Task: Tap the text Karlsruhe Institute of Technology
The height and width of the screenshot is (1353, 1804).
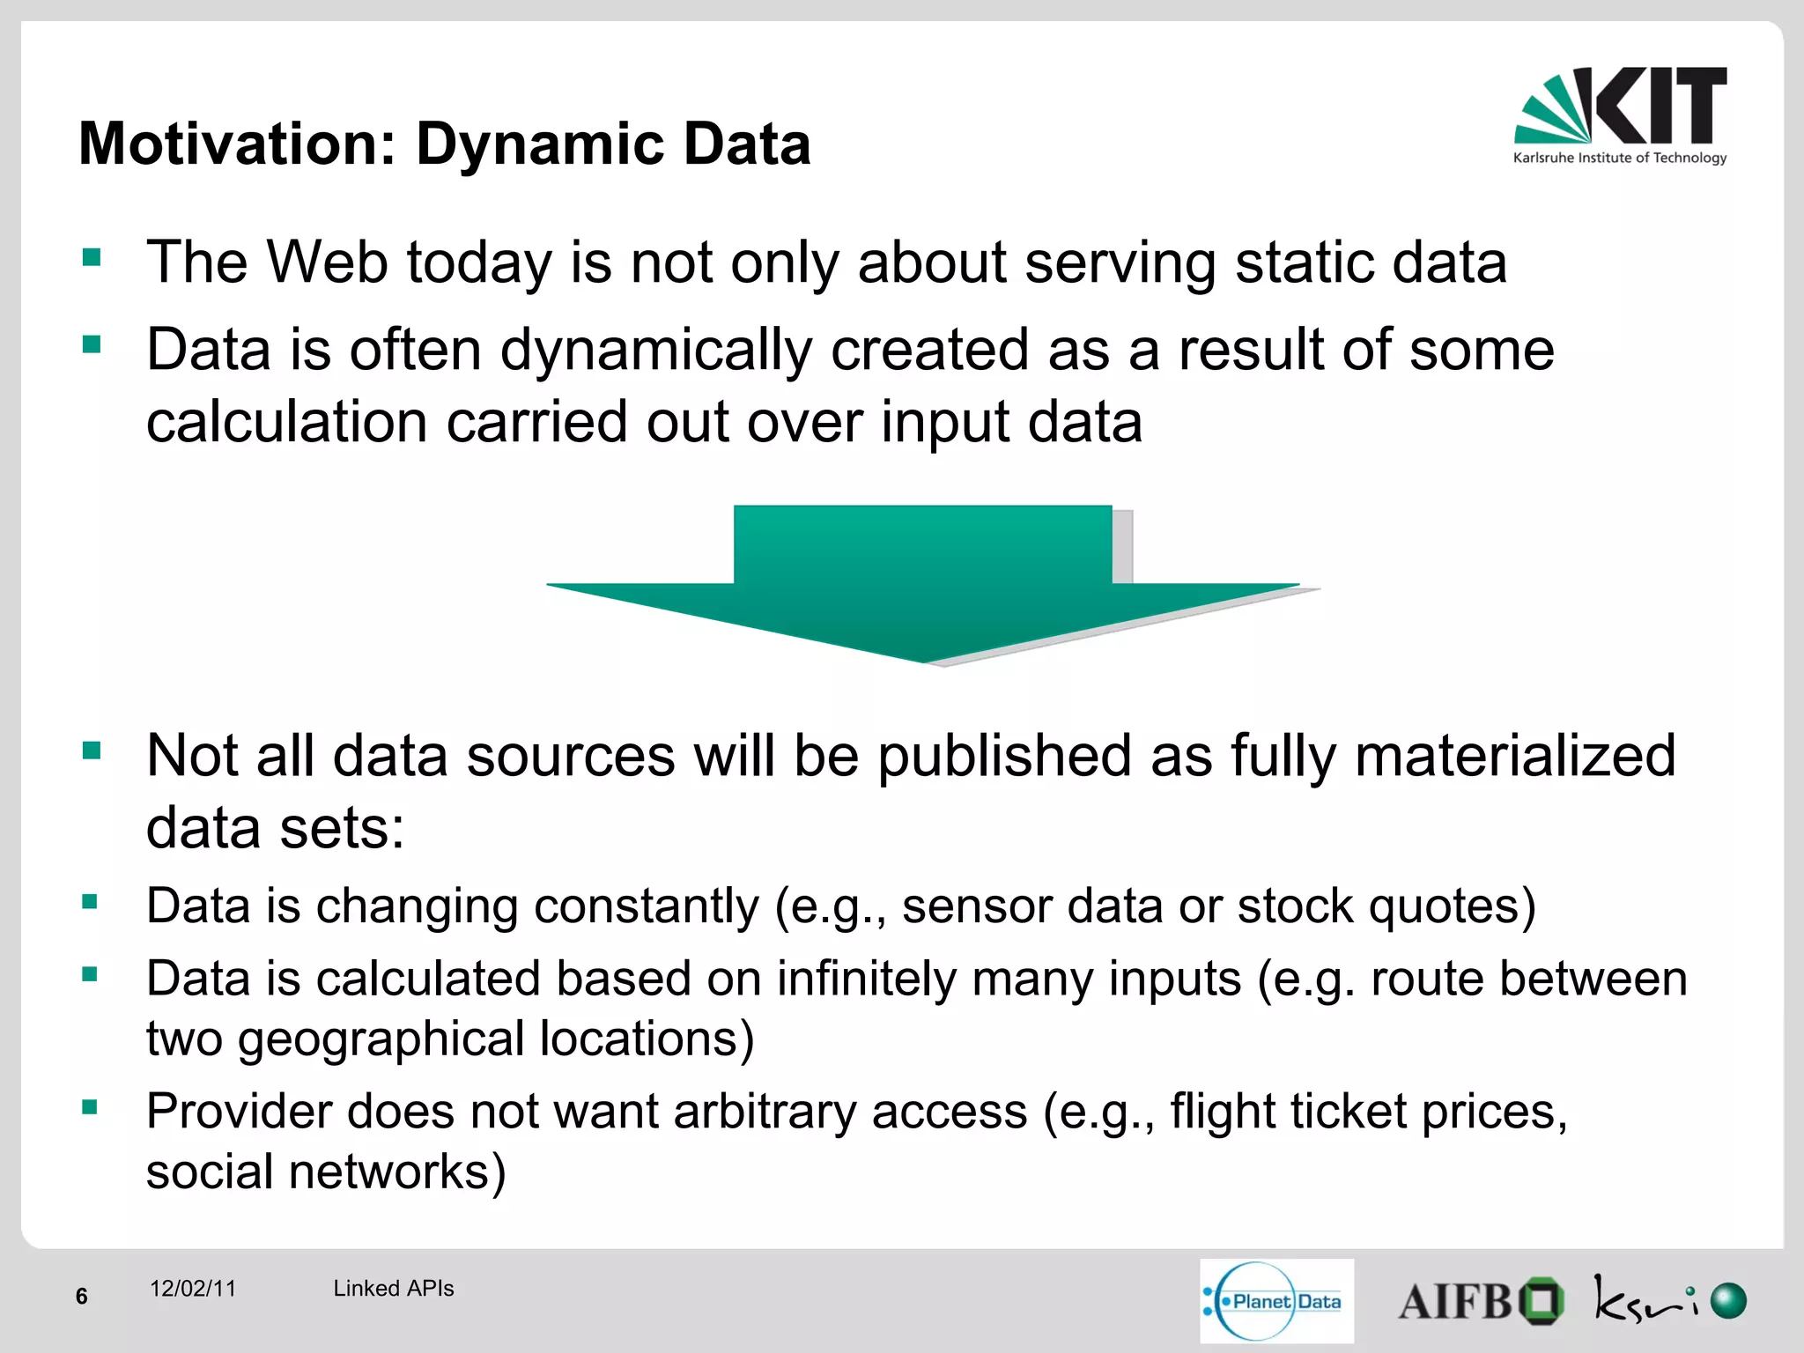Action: pos(1620,159)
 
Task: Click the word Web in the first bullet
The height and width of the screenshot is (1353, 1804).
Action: pos(327,262)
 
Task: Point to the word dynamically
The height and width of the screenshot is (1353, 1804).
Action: pos(655,351)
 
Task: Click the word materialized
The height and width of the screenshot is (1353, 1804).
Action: pos(1515,756)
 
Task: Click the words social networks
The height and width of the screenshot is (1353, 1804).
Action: pos(325,1172)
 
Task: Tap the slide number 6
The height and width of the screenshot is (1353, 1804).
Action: pos(82,1296)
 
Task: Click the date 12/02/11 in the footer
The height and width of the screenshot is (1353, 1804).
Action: pos(193,1289)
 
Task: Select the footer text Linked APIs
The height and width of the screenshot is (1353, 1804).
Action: pos(393,1289)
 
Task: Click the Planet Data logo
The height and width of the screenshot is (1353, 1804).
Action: pos(1276,1301)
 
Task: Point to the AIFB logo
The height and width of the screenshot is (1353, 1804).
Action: pos(1480,1301)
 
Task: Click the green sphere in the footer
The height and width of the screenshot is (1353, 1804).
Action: pos(1728,1301)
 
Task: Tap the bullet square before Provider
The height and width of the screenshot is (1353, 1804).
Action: pos(90,1107)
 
